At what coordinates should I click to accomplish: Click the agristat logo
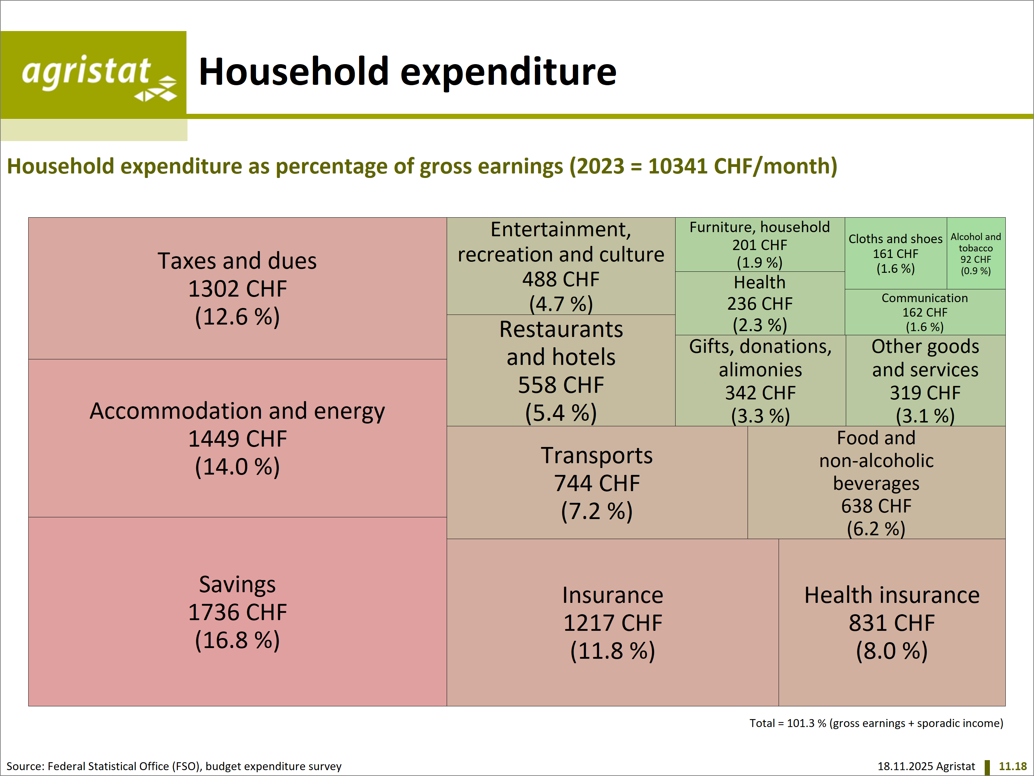[x=93, y=74]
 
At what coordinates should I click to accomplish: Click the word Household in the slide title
[x=294, y=72]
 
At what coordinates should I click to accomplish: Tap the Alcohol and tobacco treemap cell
[x=975, y=253]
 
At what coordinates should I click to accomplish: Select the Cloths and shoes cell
[x=895, y=253]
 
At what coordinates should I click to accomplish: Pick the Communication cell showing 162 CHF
[x=925, y=312]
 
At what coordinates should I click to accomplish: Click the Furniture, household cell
[x=760, y=244]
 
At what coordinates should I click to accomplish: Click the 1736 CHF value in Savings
[x=237, y=612]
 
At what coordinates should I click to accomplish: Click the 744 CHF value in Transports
[x=597, y=483]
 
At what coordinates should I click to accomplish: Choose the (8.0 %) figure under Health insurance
[x=891, y=651]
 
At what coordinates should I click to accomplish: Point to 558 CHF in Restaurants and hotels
[x=561, y=385]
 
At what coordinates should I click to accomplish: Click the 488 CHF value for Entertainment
[x=561, y=279]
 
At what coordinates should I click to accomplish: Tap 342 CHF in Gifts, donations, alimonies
[x=760, y=393]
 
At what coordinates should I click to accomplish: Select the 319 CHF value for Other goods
[x=925, y=393]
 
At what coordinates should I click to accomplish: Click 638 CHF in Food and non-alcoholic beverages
[x=876, y=506]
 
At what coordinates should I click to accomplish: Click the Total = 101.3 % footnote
[x=876, y=723]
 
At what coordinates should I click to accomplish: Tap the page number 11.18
[x=1013, y=766]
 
